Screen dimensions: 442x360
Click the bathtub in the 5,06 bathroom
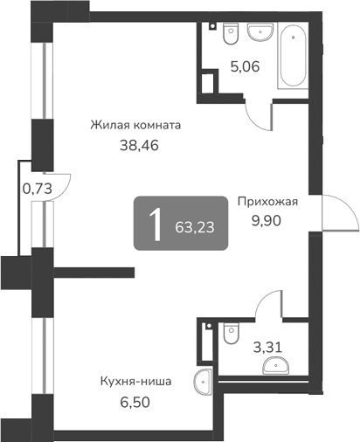coord(292,55)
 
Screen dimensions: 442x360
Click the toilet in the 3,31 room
coord(230,331)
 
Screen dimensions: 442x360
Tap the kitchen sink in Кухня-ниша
coord(204,380)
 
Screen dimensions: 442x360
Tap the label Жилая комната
coord(135,125)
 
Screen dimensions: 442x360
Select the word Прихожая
coord(268,201)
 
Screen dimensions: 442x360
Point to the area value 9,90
coord(268,221)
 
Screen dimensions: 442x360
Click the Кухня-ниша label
coord(135,381)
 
